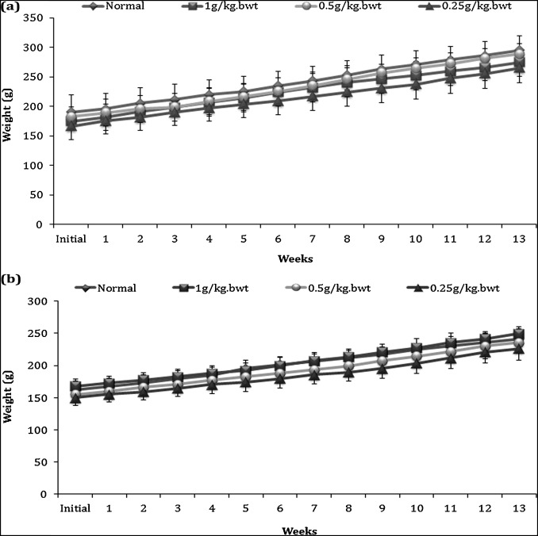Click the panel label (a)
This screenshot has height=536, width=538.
click(11, 9)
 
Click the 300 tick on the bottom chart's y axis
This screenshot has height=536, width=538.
click(32, 301)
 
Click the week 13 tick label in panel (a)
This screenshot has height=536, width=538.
click(518, 238)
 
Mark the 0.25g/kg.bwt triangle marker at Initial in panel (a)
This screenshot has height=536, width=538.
click(71, 127)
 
